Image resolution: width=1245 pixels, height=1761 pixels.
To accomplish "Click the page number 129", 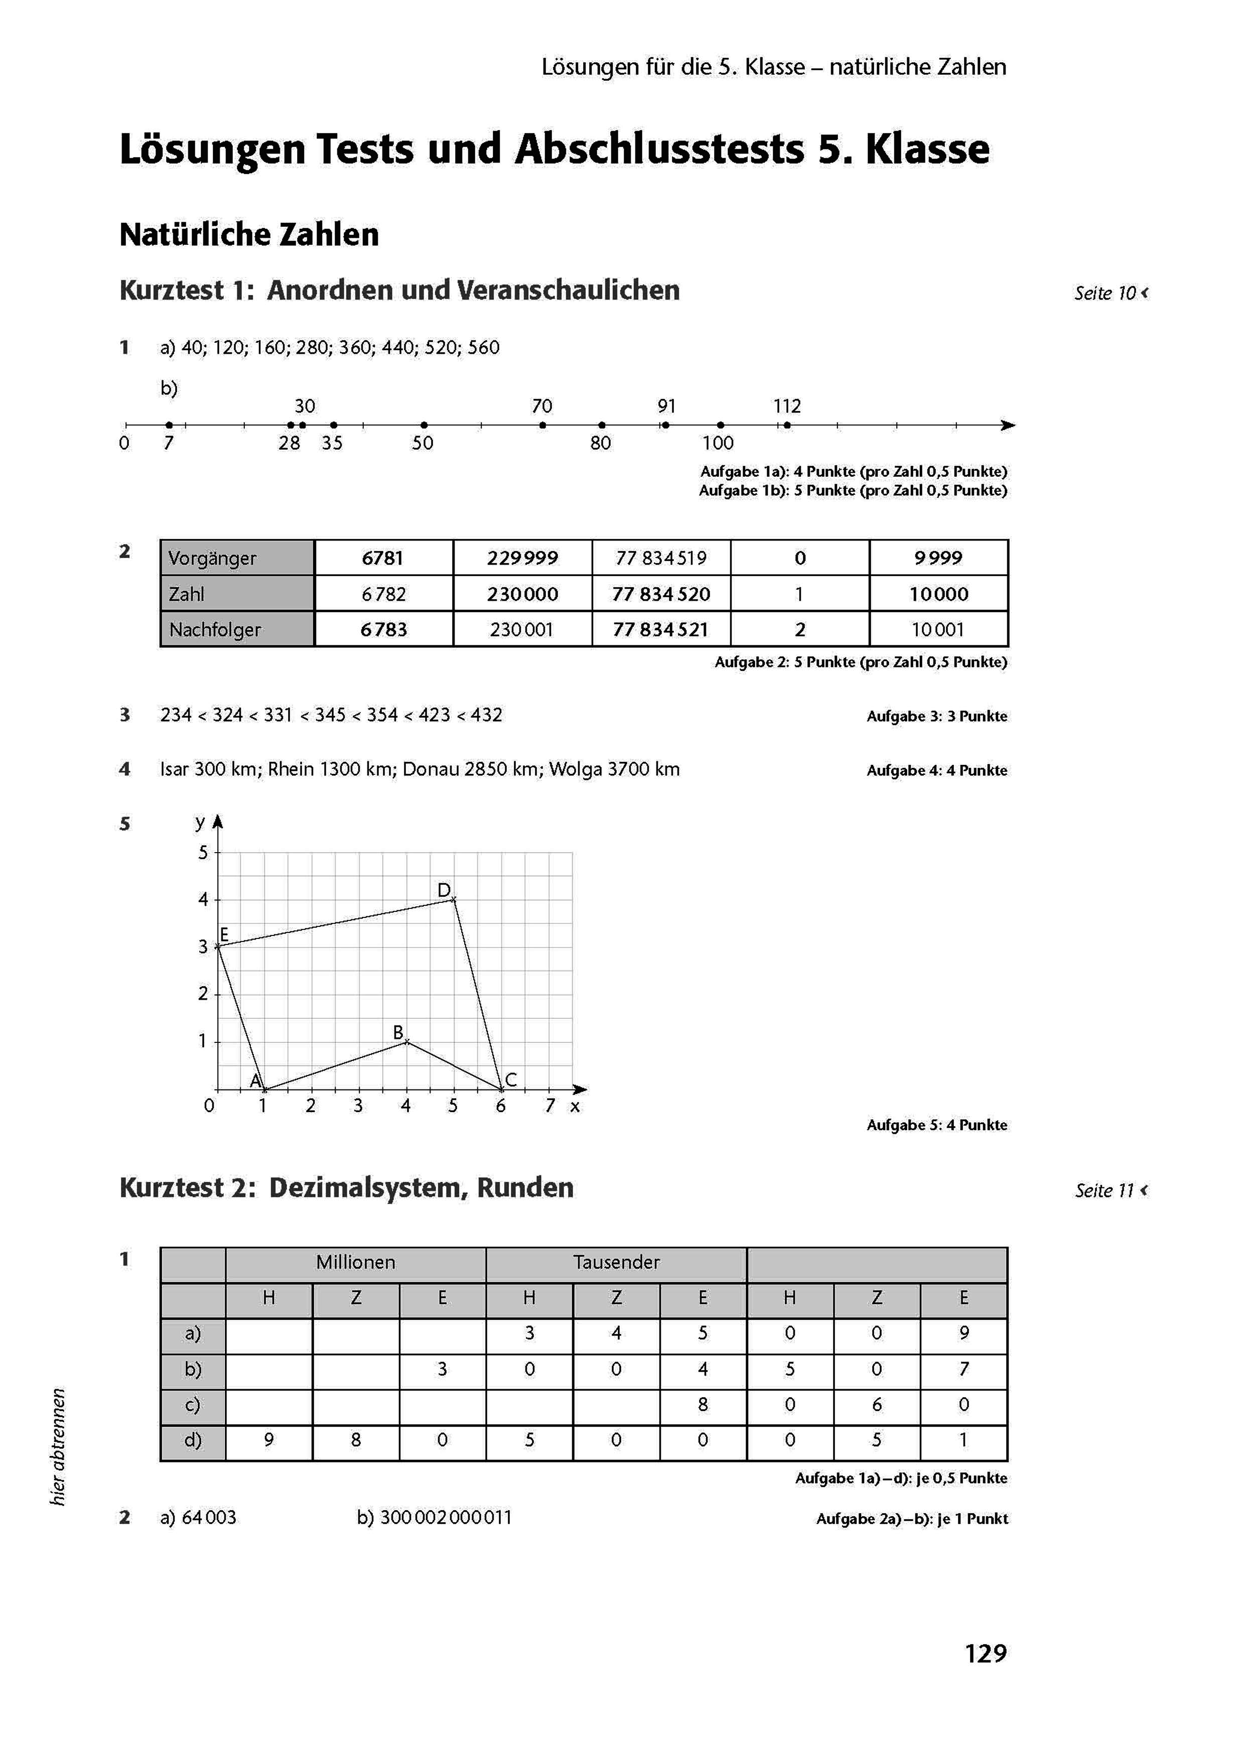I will (985, 1653).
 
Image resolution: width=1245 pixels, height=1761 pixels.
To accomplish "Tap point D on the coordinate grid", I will (453, 899).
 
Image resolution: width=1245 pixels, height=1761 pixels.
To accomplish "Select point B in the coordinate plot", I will (406, 1041).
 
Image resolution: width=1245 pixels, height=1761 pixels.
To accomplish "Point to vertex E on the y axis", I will (218, 946).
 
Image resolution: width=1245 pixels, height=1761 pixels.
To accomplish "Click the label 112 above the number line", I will (787, 405).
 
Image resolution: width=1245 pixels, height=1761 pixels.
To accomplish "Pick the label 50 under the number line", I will (423, 443).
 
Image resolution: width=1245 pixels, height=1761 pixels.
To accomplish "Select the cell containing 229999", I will (522, 558).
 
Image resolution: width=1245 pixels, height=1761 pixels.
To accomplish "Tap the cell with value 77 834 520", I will (661, 594).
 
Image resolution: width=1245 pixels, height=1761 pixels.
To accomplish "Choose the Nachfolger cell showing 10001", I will (938, 630).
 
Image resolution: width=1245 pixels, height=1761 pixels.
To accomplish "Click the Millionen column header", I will (355, 1262).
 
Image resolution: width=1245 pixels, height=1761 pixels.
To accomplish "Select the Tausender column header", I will (616, 1262).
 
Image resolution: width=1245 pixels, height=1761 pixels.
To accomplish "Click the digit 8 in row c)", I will (703, 1404).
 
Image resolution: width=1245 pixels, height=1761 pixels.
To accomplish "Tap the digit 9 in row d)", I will (269, 1440).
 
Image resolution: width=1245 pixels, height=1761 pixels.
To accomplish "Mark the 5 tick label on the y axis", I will (203, 852).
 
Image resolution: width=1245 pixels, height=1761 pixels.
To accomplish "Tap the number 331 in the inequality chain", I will (278, 715).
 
